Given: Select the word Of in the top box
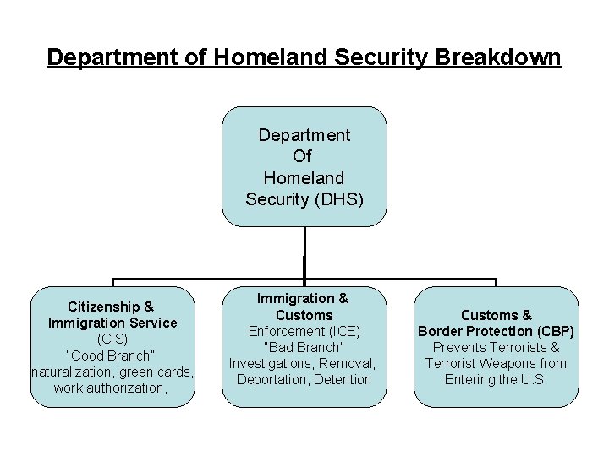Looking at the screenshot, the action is [x=304, y=156].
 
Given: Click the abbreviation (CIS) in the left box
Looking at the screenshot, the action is [x=112, y=339].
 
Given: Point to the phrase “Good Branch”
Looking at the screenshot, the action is [x=112, y=356].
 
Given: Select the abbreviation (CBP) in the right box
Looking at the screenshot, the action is [x=556, y=331].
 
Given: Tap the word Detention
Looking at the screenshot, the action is [x=342, y=379].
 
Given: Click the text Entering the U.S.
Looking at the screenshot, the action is [x=497, y=379].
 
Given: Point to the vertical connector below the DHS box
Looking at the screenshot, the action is [x=304, y=253].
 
